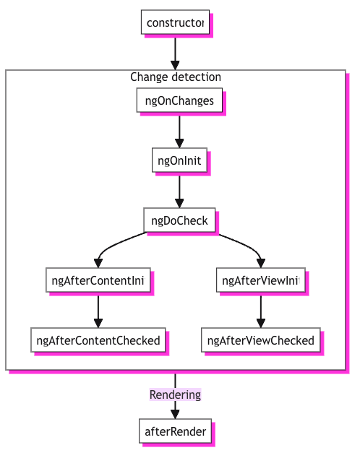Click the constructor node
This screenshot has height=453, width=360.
(x=175, y=22)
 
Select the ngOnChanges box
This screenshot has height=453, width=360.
(x=179, y=100)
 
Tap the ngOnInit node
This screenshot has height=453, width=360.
(x=179, y=160)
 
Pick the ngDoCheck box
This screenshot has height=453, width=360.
(x=179, y=220)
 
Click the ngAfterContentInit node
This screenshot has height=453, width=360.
(x=98, y=280)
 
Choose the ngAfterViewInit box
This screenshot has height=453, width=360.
(x=261, y=280)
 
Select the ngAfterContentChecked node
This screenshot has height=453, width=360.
(x=98, y=340)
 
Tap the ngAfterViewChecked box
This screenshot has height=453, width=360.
(x=261, y=340)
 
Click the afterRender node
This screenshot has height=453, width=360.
(x=175, y=431)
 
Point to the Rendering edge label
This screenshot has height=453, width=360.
(x=175, y=394)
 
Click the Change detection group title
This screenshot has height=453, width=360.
(x=176, y=77)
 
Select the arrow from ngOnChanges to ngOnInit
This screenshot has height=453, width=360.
(x=179, y=130)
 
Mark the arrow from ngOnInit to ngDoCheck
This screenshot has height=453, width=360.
(x=179, y=190)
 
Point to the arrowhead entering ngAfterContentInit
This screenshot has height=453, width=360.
(x=98, y=263)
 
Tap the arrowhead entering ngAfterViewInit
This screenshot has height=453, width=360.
(x=261, y=263)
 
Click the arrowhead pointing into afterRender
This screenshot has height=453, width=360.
(x=175, y=414)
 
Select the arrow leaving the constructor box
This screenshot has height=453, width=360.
(x=175, y=49)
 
